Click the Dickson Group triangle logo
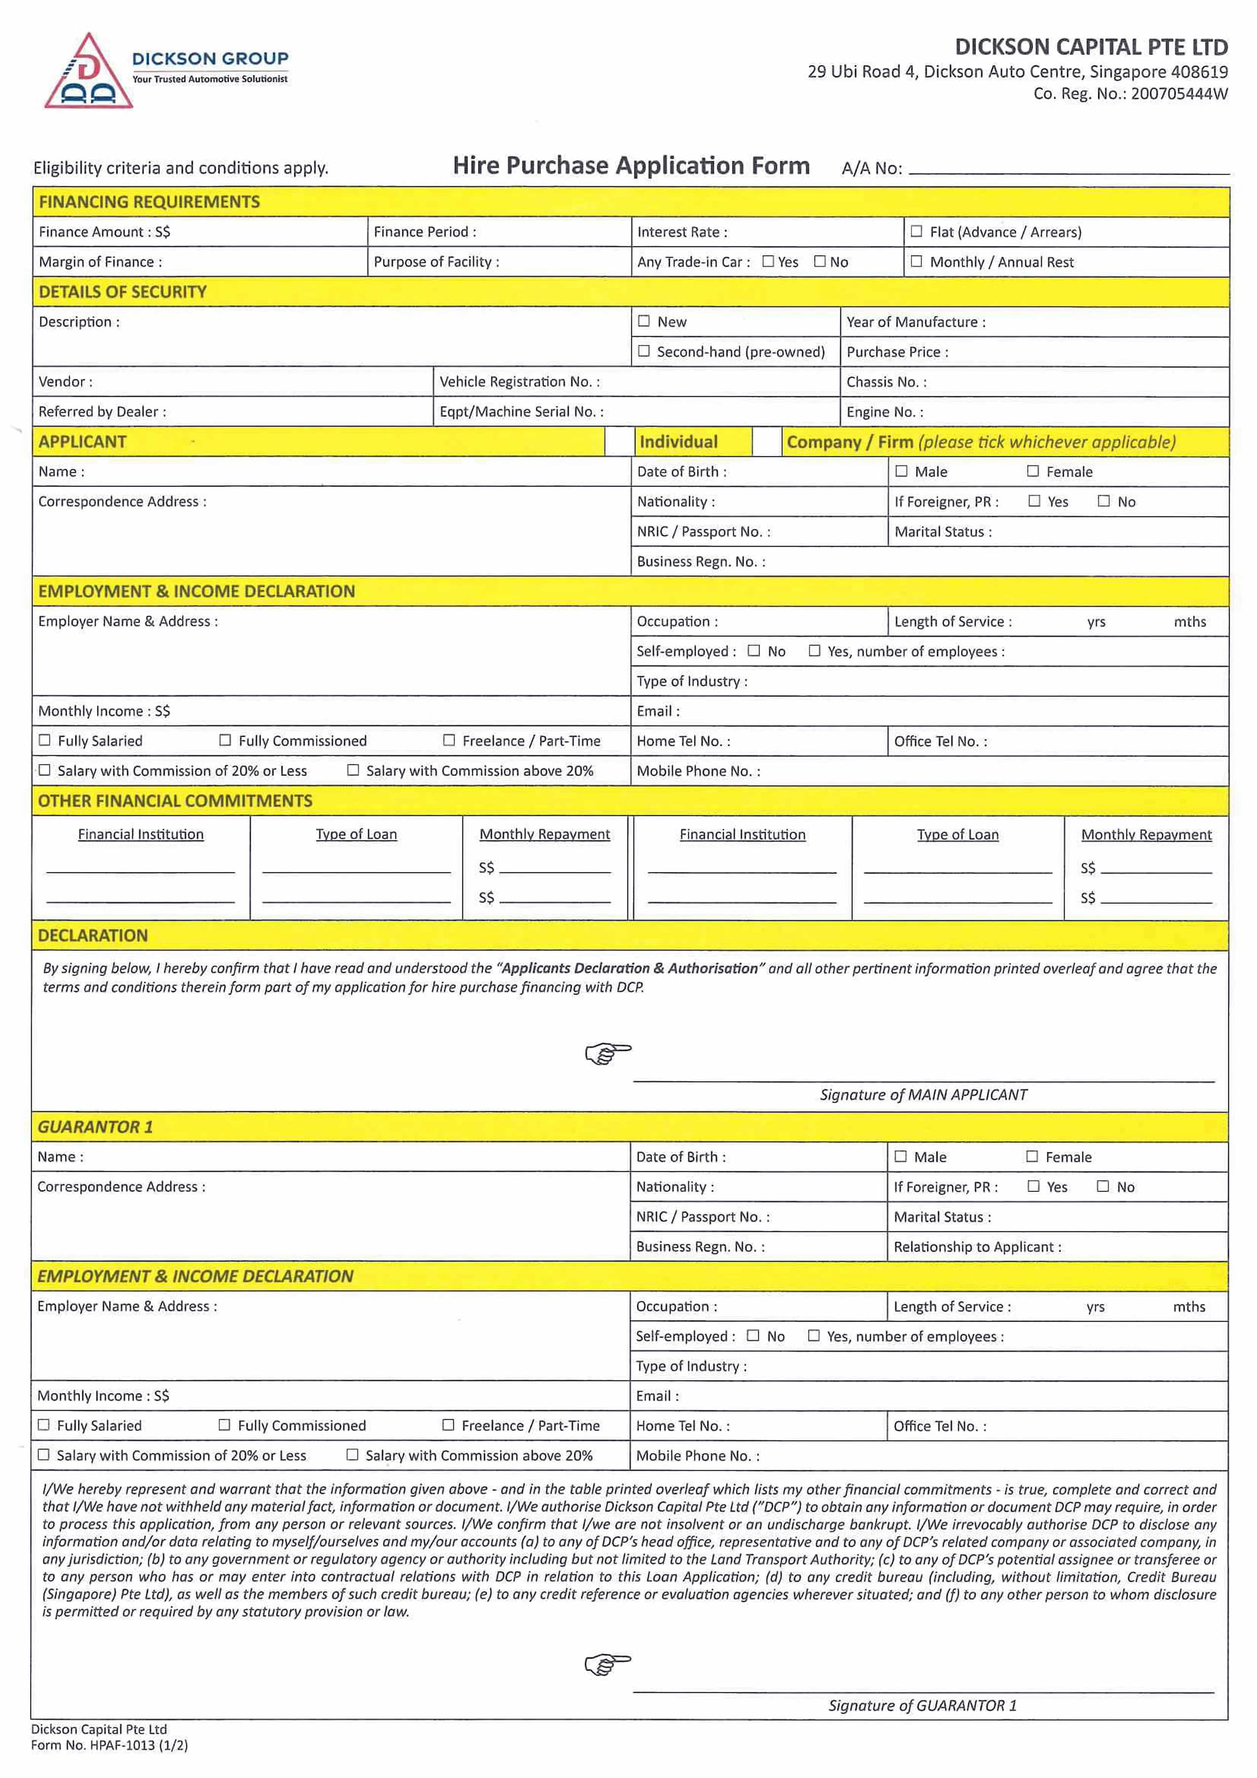[x=88, y=72]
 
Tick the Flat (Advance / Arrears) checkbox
[x=916, y=231]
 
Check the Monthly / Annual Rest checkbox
[x=916, y=261]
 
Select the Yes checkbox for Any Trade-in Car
[x=768, y=261]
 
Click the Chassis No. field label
[x=886, y=382]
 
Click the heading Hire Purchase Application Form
[x=631, y=166]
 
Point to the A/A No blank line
[x=1069, y=171]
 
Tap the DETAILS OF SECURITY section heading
[x=122, y=292]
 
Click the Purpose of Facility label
[x=436, y=262]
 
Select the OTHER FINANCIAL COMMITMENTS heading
[x=175, y=801]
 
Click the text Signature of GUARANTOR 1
[x=922, y=1705]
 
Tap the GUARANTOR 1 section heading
[x=95, y=1127]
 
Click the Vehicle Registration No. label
[x=519, y=382]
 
